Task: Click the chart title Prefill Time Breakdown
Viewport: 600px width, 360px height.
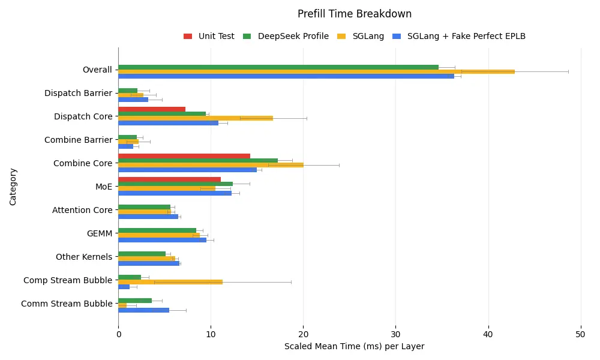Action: (x=354, y=14)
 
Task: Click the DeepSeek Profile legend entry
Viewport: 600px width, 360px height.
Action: (x=293, y=36)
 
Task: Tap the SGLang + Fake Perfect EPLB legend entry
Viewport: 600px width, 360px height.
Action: (x=466, y=36)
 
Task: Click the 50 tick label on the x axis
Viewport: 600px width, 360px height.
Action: (x=580, y=334)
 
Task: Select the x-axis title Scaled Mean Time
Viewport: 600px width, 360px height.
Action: (x=354, y=346)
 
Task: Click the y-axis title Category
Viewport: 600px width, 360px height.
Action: (x=13, y=187)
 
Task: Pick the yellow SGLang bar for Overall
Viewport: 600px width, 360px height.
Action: (x=316, y=71)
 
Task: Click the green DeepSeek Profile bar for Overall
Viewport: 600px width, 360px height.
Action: (x=278, y=67)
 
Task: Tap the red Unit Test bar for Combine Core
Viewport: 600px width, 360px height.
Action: (x=184, y=156)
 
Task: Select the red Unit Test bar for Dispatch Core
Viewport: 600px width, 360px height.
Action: (x=152, y=109)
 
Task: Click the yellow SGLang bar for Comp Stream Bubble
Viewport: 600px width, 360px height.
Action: (x=170, y=281)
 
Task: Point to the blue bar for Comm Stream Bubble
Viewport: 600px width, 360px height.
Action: (x=143, y=310)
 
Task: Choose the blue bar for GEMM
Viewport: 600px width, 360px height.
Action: (x=162, y=239)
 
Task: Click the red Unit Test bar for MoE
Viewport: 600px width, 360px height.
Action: (x=169, y=179)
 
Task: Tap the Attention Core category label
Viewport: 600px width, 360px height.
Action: (x=82, y=210)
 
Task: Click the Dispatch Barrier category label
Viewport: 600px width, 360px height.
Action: (x=78, y=93)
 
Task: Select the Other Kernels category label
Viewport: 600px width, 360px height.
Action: (x=84, y=257)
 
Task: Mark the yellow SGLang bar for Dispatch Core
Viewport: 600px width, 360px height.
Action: (x=196, y=118)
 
